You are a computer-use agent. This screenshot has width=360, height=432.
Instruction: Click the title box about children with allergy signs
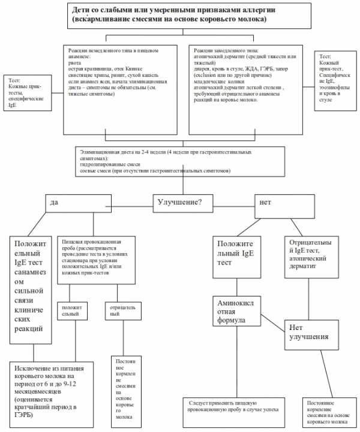[x=179, y=16]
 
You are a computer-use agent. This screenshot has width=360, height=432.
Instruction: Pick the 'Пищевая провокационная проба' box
[x=98, y=259]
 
